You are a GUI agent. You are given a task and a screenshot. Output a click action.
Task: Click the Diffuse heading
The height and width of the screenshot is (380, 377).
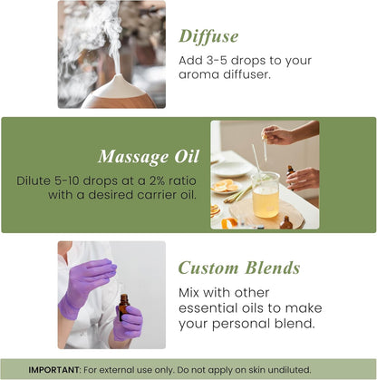(x=208, y=36)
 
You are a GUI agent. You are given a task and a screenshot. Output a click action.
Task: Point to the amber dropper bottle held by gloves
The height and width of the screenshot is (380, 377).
(x=122, y=307)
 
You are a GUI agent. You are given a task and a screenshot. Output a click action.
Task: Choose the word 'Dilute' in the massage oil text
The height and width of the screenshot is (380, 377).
(x=35, y=180)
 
